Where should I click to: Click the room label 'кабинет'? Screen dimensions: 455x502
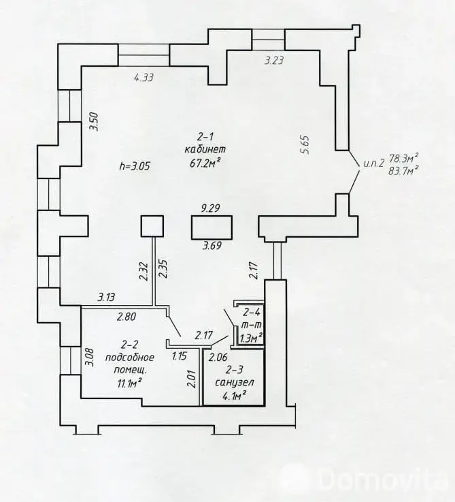pos(205,150)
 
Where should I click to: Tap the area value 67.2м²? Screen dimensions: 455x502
pos(205,163)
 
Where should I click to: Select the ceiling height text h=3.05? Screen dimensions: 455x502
pos(134,166)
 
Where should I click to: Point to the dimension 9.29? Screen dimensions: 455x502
pos(210,208)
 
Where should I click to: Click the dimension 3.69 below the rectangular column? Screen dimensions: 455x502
pos(212,246)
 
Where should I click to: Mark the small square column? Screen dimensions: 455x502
pos(152,226)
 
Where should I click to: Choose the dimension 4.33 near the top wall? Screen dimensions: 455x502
pos(144,77)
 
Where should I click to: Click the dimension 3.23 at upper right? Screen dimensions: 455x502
pos(274,60)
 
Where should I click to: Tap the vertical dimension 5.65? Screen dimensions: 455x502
pos(305,145)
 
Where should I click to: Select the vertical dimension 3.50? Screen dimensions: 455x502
pos(95,122)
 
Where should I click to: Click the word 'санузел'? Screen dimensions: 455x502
pos(235,383)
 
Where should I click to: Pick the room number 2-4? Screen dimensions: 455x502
pos(252,312)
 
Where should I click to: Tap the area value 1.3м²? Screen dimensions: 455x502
pos(252,338)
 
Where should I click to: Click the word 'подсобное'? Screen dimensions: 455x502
pos(130,358)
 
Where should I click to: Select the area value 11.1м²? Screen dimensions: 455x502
pos(130,383)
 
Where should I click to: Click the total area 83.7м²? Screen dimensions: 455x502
pos(404,171)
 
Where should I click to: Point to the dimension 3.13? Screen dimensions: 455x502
pos(106,298)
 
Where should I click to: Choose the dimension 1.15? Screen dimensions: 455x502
pos(179,356)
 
